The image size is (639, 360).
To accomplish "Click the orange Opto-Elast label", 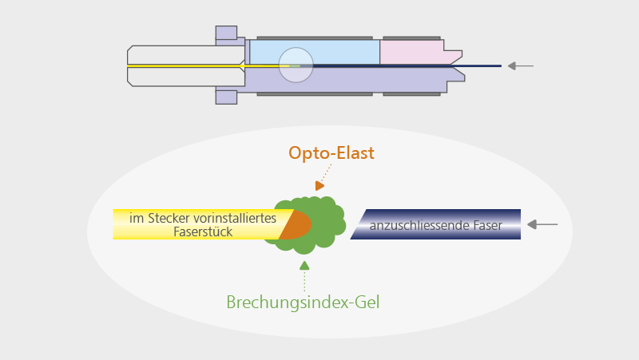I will coord(331,152).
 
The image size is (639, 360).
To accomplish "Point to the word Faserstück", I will coord(202,231).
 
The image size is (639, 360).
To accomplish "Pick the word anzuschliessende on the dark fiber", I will coord(415,226).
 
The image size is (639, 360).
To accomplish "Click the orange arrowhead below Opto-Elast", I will coord(319,185).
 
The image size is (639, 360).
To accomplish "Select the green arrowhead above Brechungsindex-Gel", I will coord(304,264).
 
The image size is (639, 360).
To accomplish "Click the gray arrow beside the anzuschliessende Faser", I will coord(542,225).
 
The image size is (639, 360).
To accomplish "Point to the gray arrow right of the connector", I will coord(521,65).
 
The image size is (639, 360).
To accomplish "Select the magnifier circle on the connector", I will coord(296,65).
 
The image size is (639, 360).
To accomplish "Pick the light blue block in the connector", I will coord(335,52).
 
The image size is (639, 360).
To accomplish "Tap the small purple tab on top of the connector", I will coord(226,34).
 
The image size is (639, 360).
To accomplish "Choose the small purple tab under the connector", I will coord(226,97).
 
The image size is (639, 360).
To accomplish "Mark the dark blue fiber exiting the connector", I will coord(479,65).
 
